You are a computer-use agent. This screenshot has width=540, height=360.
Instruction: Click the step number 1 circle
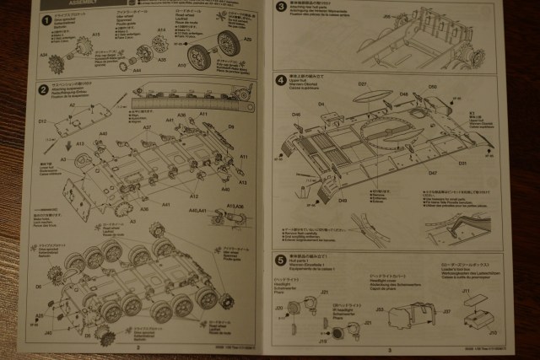[x=35, y=19]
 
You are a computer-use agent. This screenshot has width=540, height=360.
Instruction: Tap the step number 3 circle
[x=281, y=7]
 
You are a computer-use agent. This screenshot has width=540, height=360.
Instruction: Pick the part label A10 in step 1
[x=182, y=65]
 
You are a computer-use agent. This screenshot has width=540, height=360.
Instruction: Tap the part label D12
[x=42, y=121]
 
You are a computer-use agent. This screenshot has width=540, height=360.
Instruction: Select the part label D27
[x=362, y=84]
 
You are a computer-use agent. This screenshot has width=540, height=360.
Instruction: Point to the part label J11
[x=465, y=290]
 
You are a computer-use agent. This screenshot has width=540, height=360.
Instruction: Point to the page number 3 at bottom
[x=390, y=348]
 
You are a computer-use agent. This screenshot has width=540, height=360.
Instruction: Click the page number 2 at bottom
[x=137, y=346]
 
